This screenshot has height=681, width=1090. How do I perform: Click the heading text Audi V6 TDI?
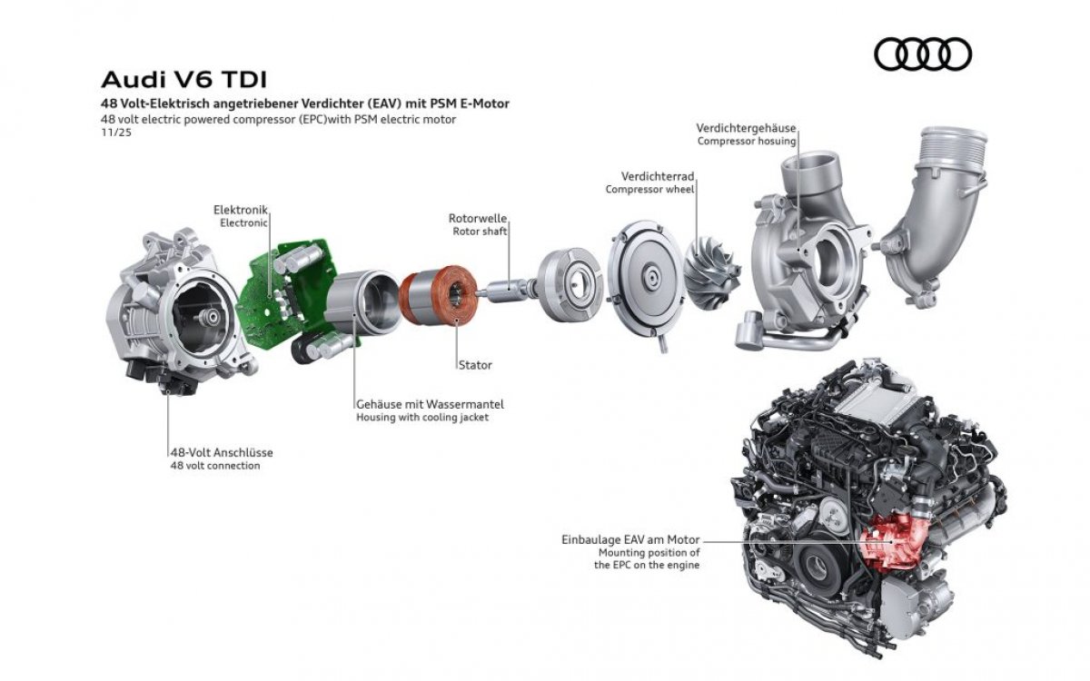click(184, 80)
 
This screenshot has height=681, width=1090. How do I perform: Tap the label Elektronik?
click(241, 210)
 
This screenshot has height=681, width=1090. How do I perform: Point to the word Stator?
click(475, 365)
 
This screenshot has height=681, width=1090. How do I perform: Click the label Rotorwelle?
click(478, 218)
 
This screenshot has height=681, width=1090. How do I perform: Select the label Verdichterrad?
click(658, 176)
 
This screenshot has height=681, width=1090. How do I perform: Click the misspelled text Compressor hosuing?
click(747, 141)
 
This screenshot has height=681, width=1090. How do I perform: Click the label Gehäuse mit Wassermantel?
click(431, 404)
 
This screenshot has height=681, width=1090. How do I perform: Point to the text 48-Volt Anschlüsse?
click(222, 452)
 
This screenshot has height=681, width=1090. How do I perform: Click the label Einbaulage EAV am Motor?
click(630, 539)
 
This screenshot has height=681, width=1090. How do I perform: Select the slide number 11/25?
click(116, 133)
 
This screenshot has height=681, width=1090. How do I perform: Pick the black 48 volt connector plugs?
click(161, 377)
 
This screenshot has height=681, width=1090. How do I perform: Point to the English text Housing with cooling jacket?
click(422, 418)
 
